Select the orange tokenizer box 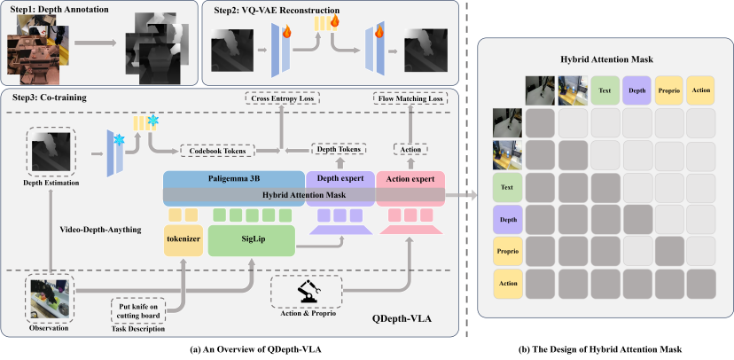point(183,239)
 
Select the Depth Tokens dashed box point(340,151)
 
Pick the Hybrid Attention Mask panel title point(605,59)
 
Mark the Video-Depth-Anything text point(97,229)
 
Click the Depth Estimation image point(51,152)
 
